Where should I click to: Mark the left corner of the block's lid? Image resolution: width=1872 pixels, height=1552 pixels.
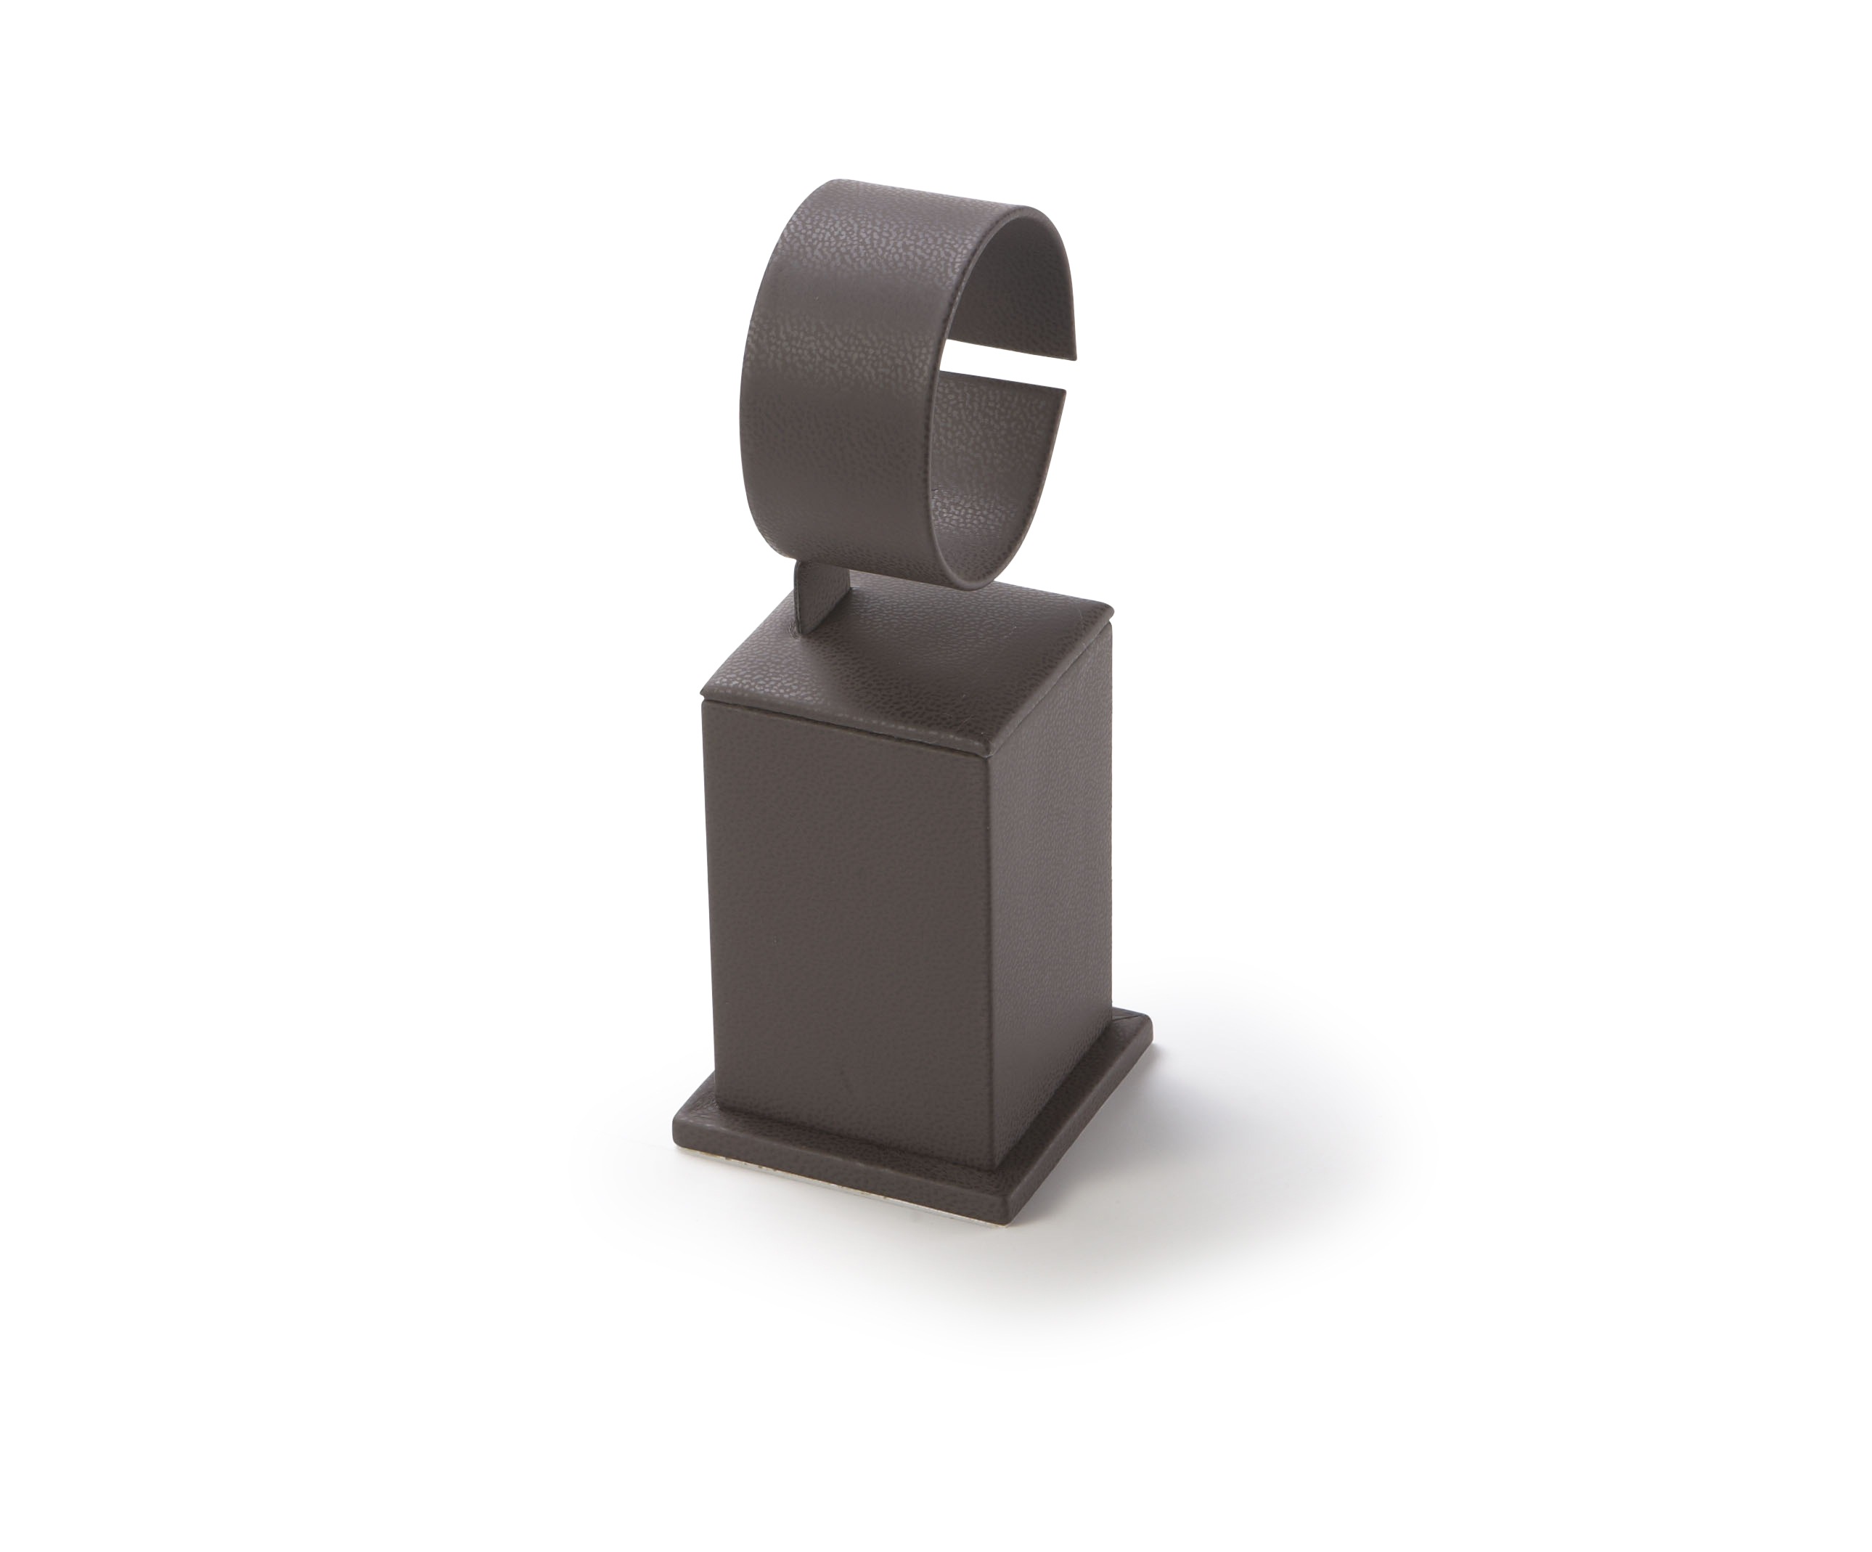tap(703, 689)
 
